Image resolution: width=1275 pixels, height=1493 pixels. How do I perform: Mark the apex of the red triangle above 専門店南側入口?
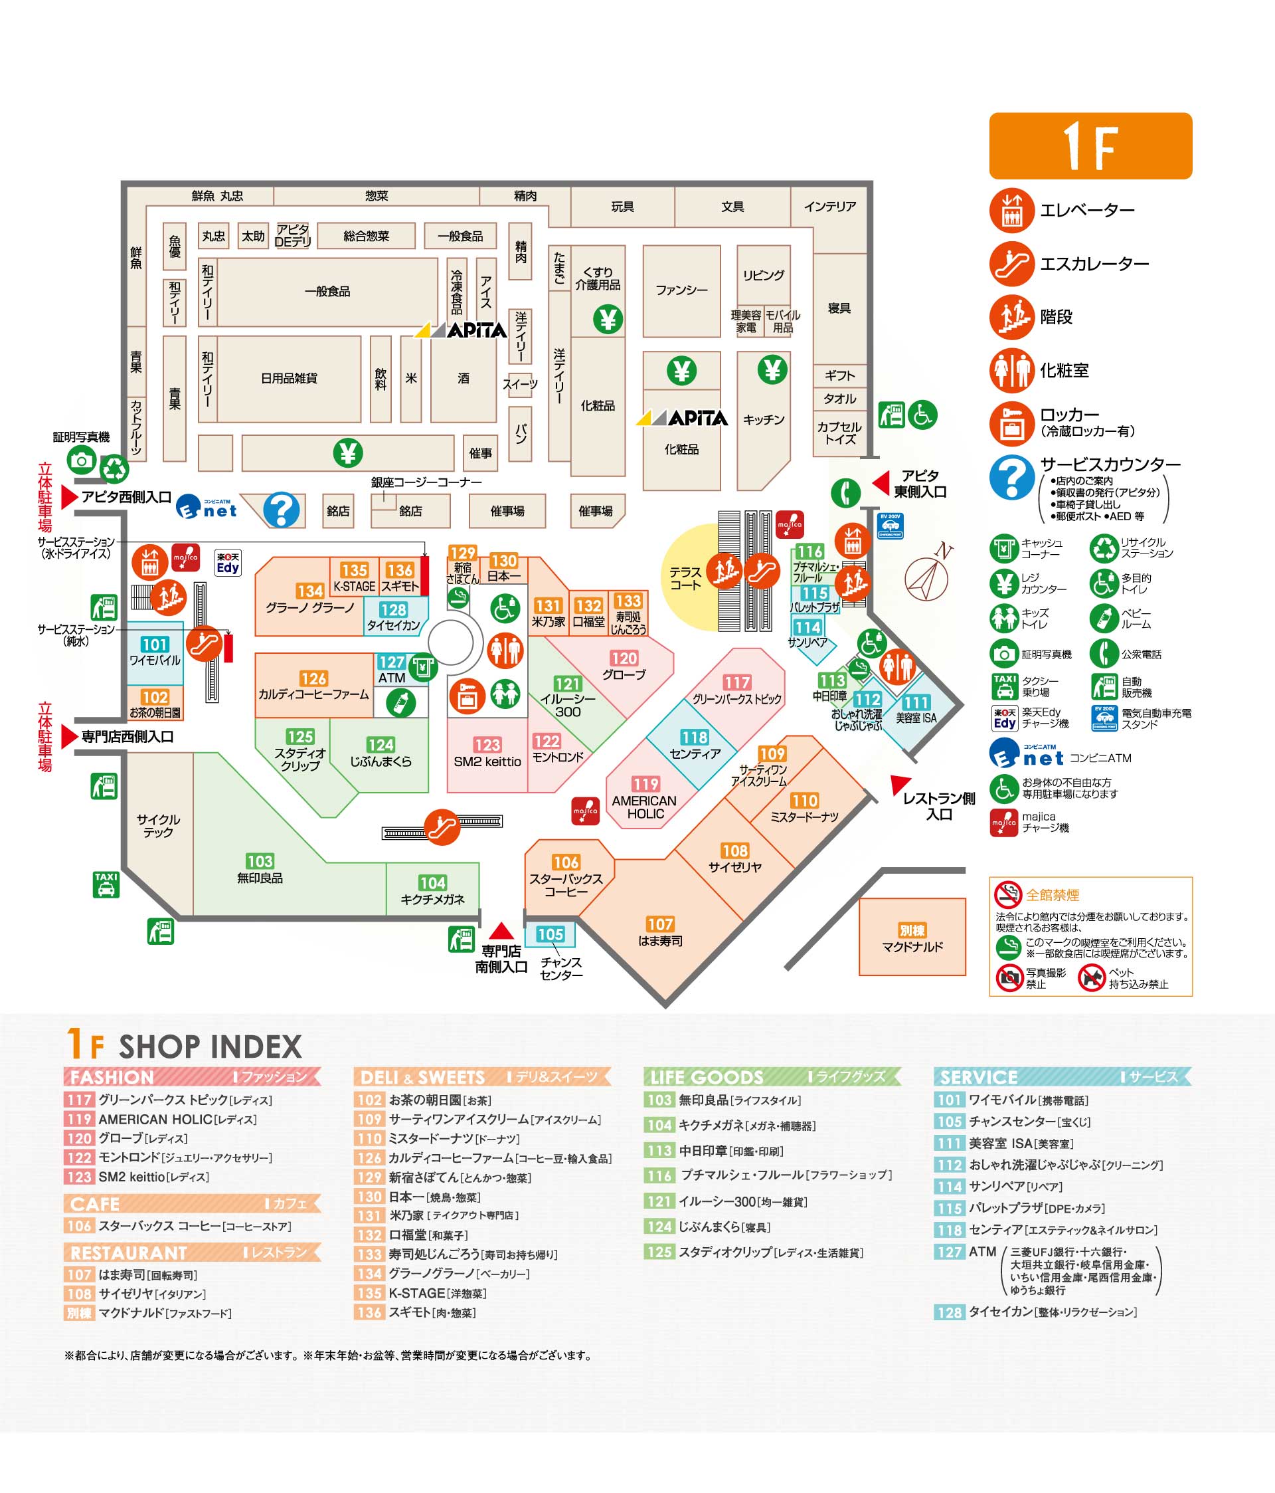501,922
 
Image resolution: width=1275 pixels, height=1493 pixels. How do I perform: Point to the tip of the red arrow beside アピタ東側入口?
873,483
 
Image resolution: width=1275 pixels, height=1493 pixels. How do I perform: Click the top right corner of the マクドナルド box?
966,898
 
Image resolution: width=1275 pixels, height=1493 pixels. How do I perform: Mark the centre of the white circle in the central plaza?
451,642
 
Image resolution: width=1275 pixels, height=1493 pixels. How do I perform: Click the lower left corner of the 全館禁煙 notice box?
989,996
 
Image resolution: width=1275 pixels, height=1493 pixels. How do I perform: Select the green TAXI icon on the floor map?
106,884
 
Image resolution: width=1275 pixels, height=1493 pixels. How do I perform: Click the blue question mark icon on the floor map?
282,510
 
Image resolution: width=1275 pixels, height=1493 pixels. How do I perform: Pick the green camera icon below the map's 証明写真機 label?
82,460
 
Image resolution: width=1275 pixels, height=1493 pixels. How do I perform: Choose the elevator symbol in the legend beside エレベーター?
1011,210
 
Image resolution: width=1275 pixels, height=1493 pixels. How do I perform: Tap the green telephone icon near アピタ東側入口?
845,493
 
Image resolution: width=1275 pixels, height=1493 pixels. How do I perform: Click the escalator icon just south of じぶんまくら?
442,827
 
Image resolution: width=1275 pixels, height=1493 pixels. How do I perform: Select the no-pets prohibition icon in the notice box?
1091,978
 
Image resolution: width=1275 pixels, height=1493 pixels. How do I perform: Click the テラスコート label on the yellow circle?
685,578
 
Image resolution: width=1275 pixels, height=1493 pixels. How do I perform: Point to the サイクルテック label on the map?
158,826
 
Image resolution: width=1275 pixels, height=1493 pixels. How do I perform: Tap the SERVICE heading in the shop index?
978,1076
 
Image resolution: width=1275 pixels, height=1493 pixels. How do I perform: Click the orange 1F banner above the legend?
1090,146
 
